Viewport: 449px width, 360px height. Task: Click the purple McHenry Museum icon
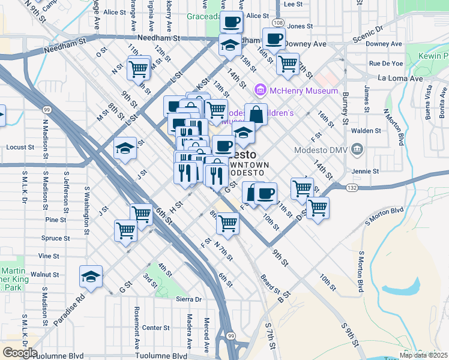(260, 91)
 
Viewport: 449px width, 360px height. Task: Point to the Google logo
(19, 353)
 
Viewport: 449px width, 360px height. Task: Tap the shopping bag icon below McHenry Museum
(256, 113)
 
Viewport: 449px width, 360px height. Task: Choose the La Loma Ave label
(400, 78)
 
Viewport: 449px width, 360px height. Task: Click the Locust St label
(20, 147)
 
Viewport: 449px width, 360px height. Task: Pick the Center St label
(156, 328)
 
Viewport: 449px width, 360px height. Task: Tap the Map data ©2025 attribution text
(423, 355)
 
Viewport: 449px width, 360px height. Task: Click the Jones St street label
(300, 26)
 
